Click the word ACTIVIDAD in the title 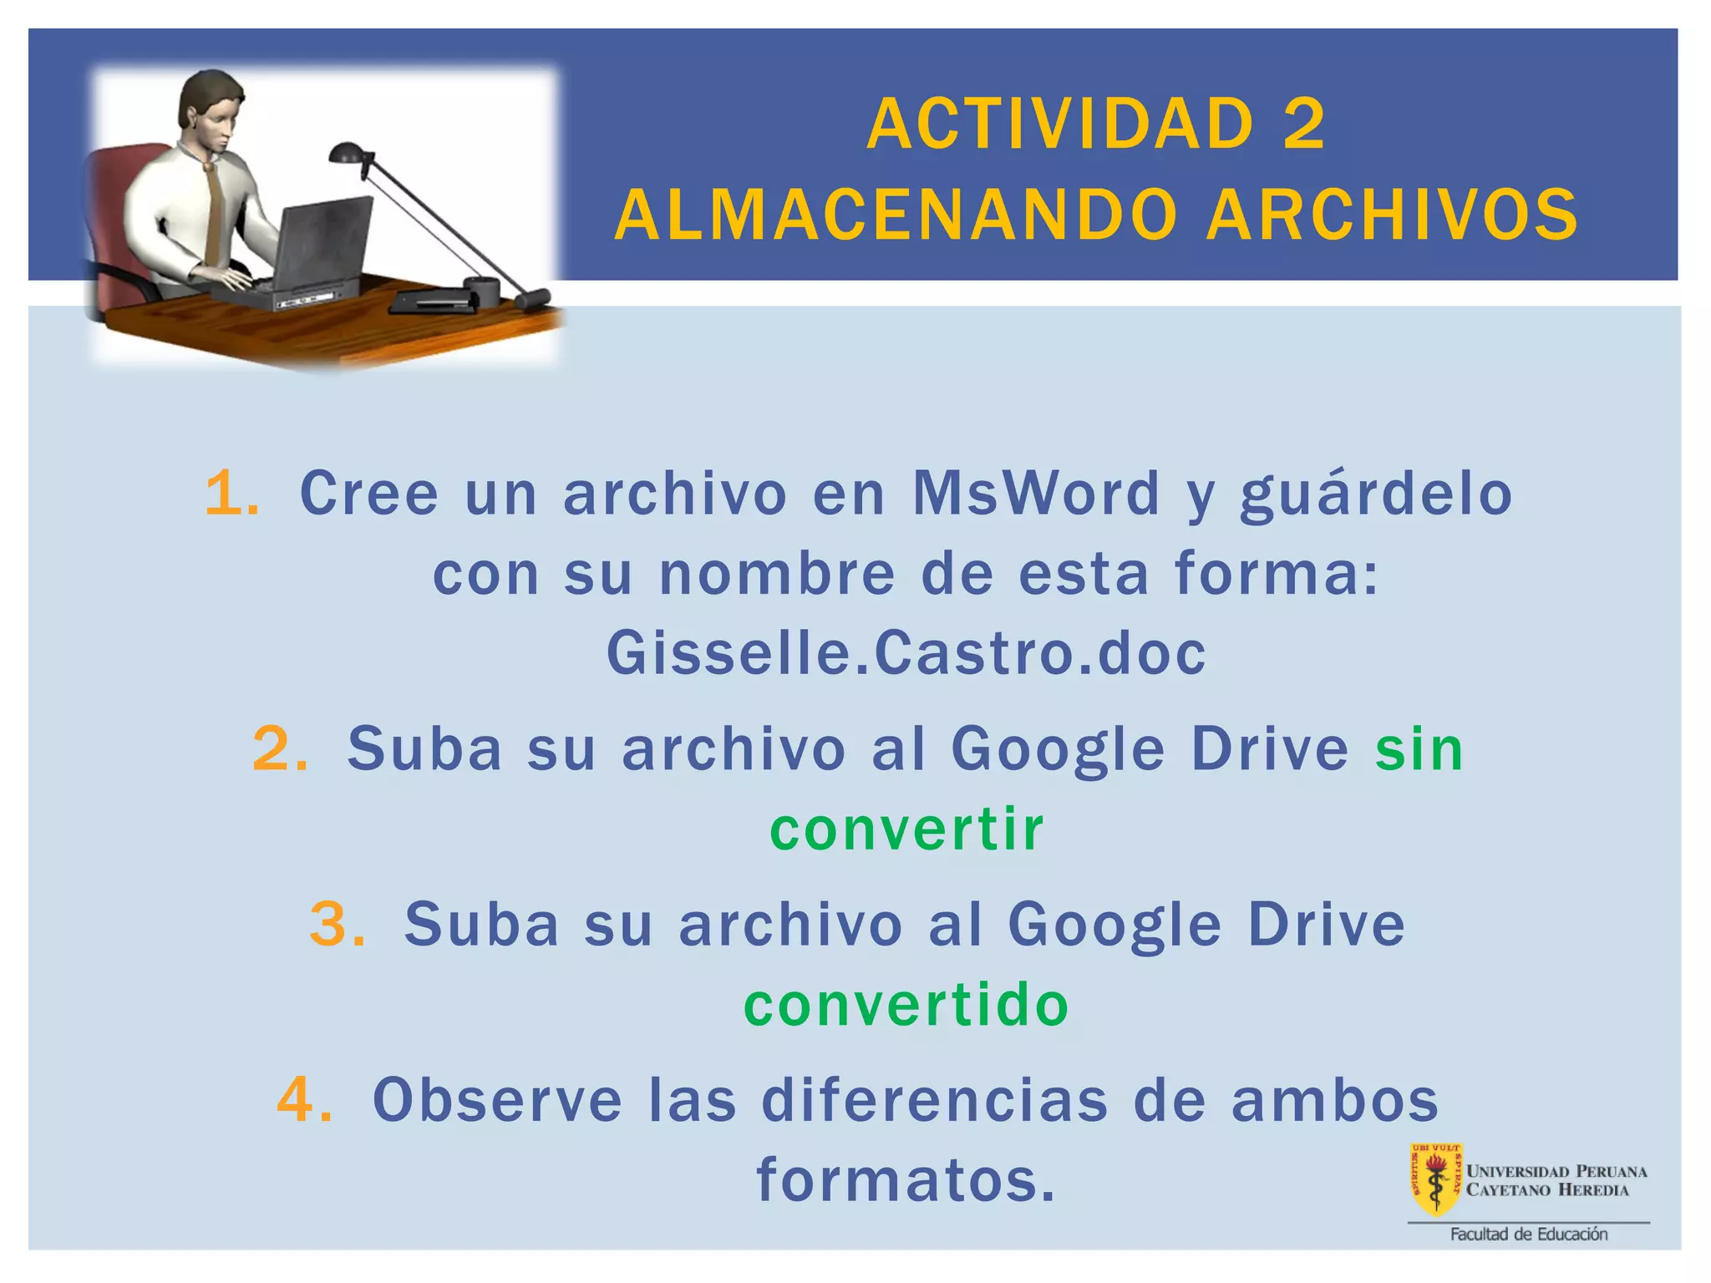click(1059, 124)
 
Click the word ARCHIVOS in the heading click(1392, 216)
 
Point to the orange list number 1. click(231, 493)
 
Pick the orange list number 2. click(279, 748)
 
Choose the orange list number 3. click(336, 925)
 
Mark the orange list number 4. click(304, 1099)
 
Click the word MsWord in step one click(1036, 493)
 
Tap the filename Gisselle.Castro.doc click(906, 653)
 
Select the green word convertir click(906, 829)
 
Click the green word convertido click(906, 1005)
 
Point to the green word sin click(1419, 748)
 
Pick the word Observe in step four click(498, 1099)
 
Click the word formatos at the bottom click(906, 1179)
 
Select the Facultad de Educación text click(1528, 1234)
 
